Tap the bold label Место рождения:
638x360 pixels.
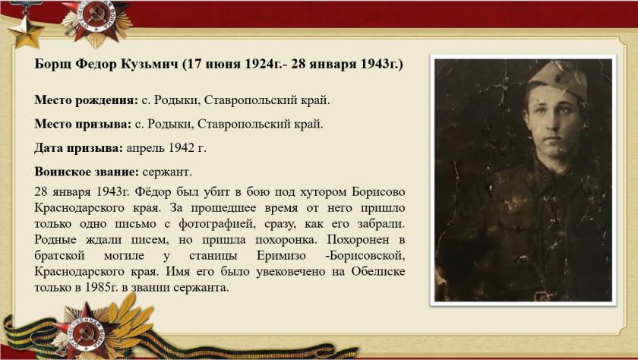87,100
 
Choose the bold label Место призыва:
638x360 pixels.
83,124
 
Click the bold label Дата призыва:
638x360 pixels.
78,148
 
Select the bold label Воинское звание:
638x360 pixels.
87,172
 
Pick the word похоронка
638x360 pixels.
286,240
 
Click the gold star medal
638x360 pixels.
25,27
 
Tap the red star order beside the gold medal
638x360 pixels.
97,21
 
